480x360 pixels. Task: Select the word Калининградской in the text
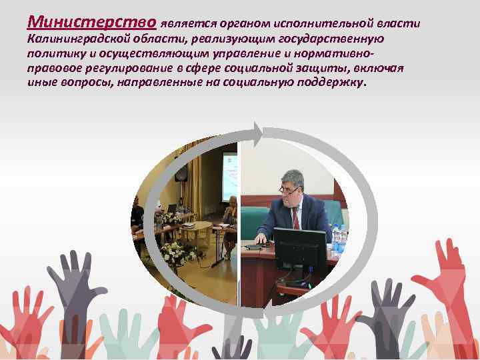[74, 40]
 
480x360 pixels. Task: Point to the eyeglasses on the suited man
[289, 189]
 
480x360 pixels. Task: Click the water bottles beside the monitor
[338, 238]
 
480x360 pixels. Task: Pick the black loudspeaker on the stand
[181, 172]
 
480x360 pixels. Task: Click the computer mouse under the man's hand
[254, 246]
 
